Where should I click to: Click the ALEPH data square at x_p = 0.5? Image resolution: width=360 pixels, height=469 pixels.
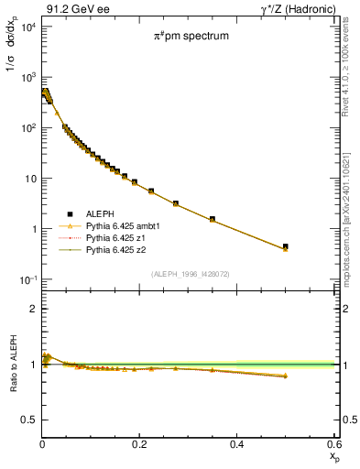tap(286, 246)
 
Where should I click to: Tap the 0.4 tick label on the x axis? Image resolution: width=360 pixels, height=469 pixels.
tap(236, 444)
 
